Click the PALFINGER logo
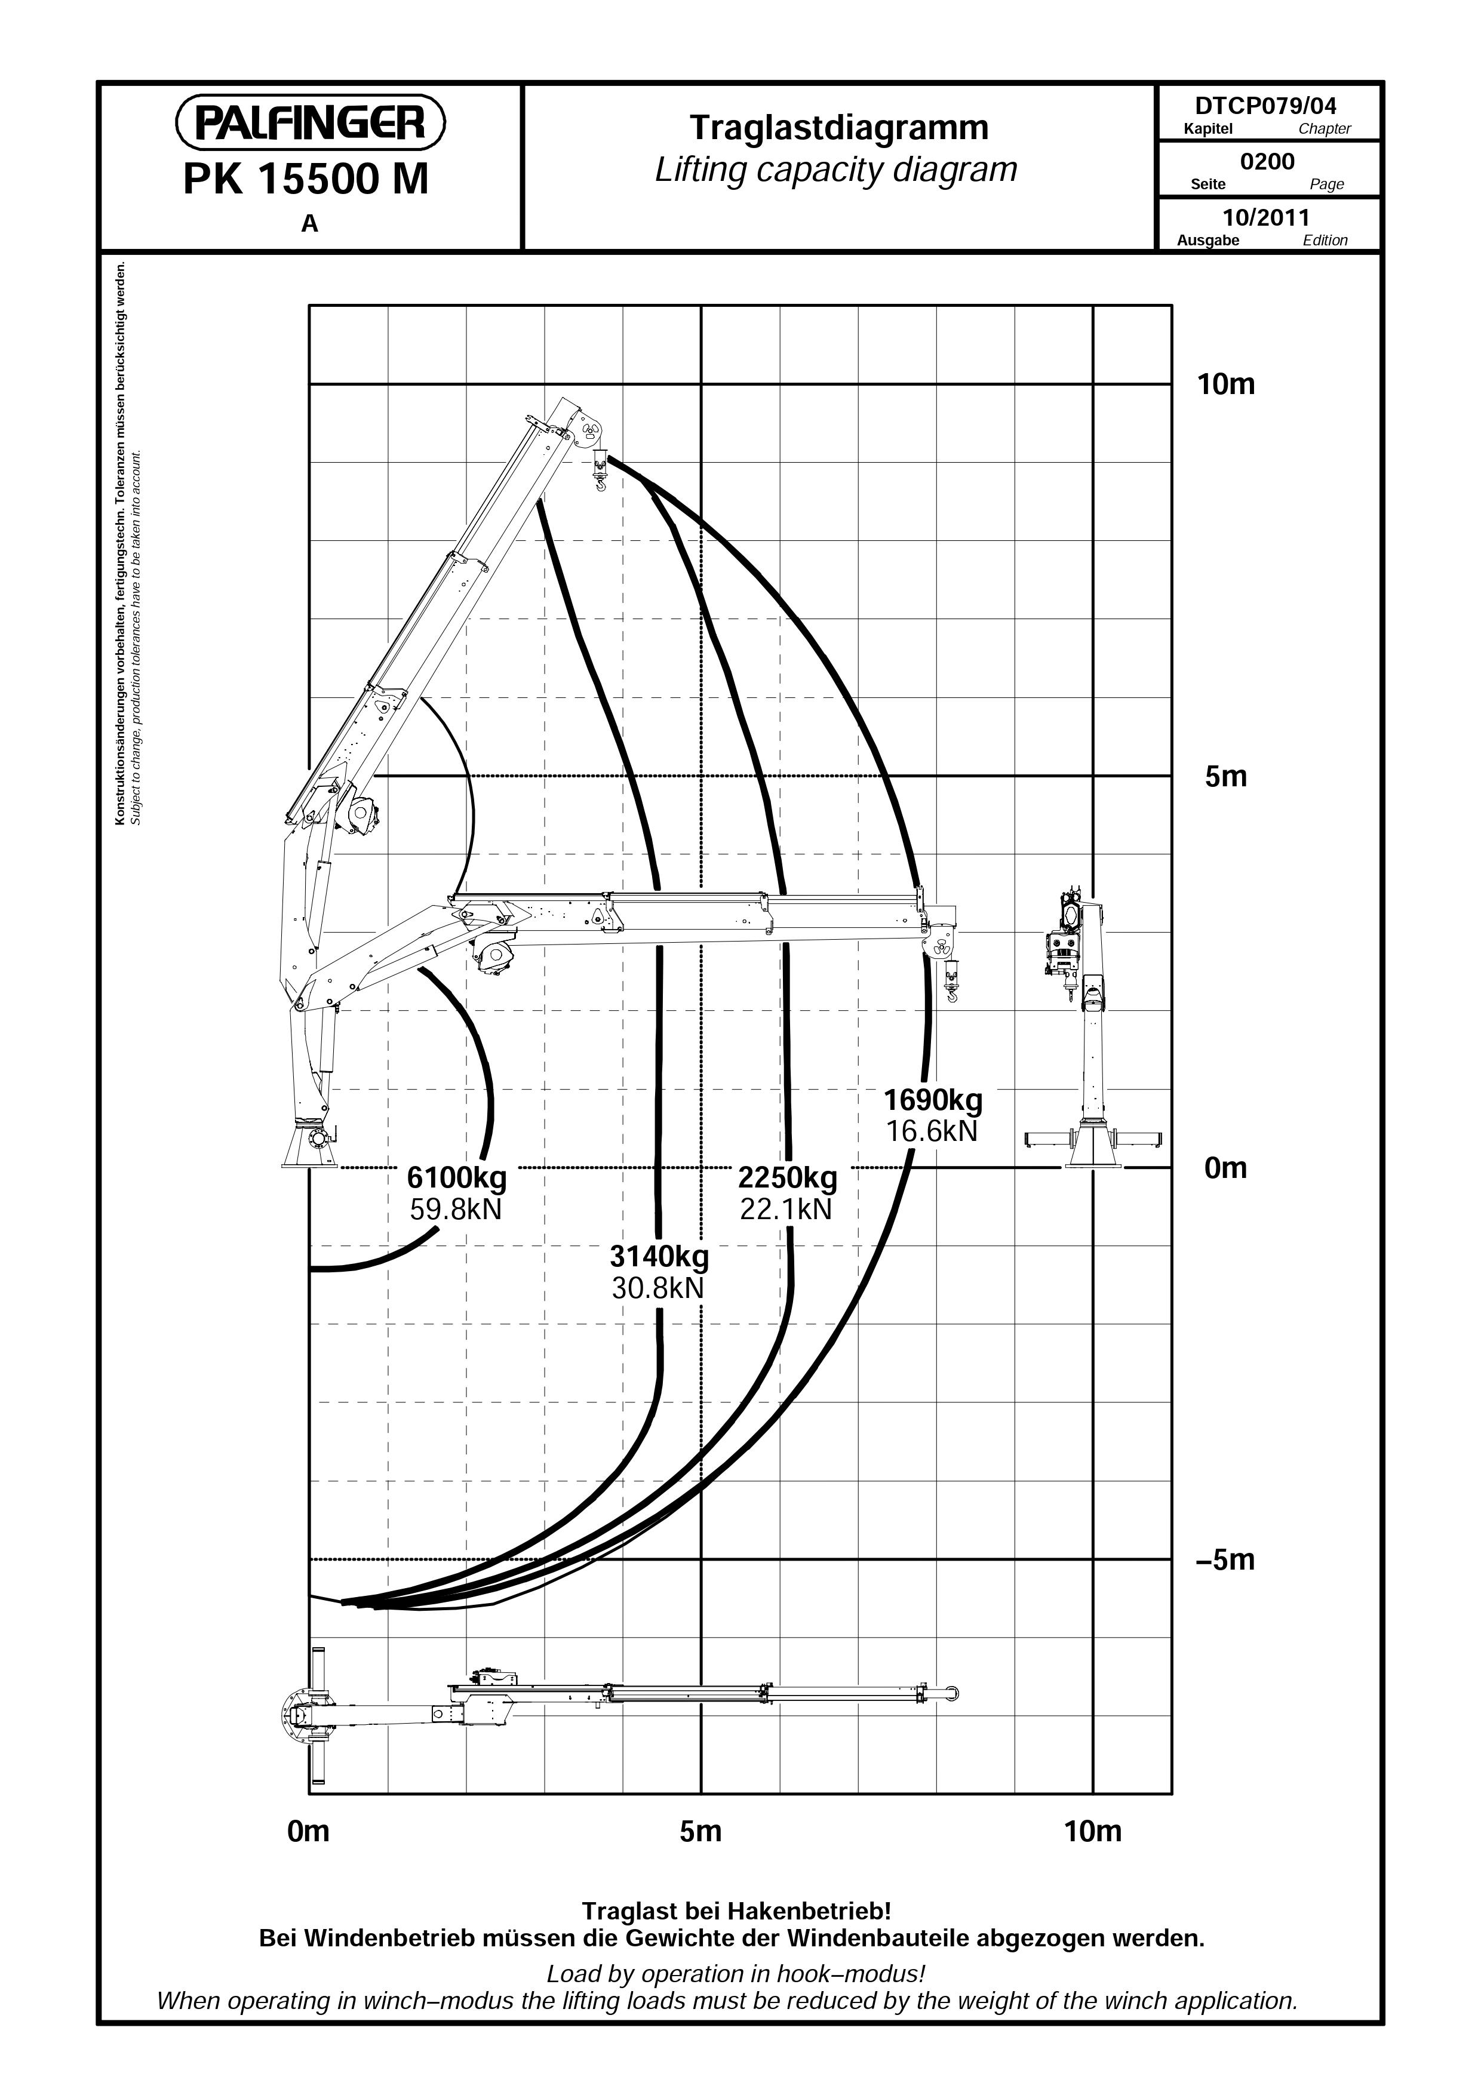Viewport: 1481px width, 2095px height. (311, 122)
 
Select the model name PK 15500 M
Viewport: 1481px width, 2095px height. (306, 180)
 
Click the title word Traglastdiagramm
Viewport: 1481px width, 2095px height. (838, 127)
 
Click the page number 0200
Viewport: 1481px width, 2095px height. (1267, 162)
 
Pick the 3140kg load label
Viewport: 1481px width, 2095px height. (659, 1257)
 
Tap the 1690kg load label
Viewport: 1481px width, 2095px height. (933, 1100)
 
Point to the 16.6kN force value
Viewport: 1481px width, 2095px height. (932, 1131)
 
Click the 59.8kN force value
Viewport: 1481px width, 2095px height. (456, 1210)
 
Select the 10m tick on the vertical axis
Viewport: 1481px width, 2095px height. (1225, 384)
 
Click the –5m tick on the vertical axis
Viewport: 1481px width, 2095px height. (1225, 1559)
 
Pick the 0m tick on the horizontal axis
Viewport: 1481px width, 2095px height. (308, 1831)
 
